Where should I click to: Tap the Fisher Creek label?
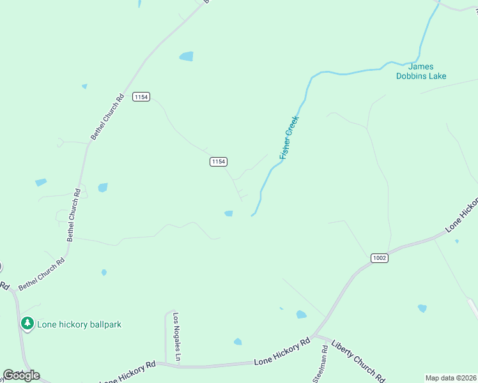pos(289,137)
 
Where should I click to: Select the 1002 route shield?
pos(379,257)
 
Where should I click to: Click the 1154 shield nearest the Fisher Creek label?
pos(218,162)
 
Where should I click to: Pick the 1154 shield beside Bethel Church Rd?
pos(141,97)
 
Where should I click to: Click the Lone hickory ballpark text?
pos(79,324)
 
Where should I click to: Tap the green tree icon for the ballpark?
pos(27,324)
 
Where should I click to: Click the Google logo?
pos(21,375)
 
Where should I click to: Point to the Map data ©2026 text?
pos(450,378)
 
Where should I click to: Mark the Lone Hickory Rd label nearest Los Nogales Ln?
pos(128,372)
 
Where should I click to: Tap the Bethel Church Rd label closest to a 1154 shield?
pos(107,117)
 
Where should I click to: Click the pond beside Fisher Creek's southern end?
pos(229,213)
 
